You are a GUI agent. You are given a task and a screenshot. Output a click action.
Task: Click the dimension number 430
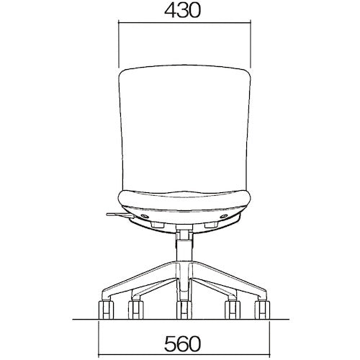[182, 11]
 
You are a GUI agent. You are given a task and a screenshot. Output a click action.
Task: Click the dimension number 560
[182, 343]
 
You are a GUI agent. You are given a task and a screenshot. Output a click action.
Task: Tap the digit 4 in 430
[170, 11]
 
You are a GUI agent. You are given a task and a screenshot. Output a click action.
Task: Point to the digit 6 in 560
[182, 343]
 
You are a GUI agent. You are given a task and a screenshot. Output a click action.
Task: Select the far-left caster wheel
[106, 310]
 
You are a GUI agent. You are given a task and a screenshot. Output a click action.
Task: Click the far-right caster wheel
[262, 310]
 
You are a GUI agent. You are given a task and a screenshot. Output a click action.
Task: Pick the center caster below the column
[184, 310]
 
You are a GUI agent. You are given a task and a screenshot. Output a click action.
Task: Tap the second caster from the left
[136, 310]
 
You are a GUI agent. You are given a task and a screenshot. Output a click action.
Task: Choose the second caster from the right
[233, 310]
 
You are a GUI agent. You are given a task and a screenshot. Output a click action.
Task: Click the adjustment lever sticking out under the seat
[120, 215]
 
